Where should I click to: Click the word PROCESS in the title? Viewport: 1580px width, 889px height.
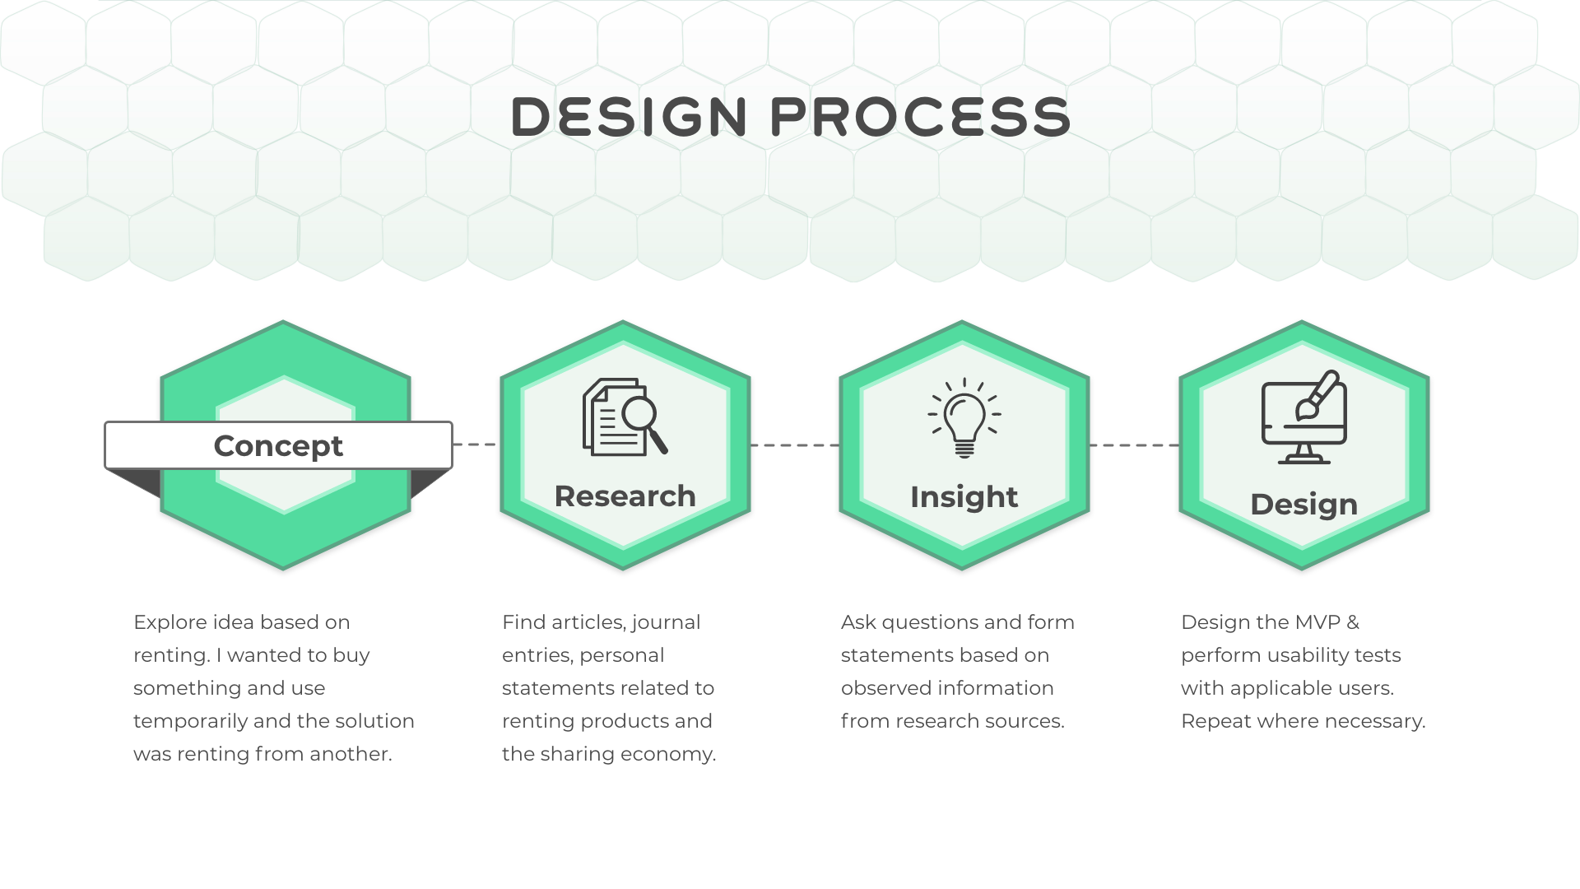point(920,116)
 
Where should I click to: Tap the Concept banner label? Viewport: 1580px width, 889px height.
point(278,445)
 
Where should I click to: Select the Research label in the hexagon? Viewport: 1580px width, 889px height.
point(625,496)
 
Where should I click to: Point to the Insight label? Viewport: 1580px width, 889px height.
point(964,497)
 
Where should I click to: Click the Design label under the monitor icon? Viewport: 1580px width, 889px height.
point(1303,505)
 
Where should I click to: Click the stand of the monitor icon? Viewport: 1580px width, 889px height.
point(1303,454)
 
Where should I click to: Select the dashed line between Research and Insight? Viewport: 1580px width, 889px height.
point(794,445)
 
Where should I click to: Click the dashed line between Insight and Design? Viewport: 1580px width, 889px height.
point(1134,445)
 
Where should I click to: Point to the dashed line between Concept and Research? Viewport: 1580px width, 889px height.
point(476,444)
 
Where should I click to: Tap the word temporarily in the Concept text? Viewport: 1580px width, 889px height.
point(190,722)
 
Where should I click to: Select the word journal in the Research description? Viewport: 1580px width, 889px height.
point(665,623)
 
